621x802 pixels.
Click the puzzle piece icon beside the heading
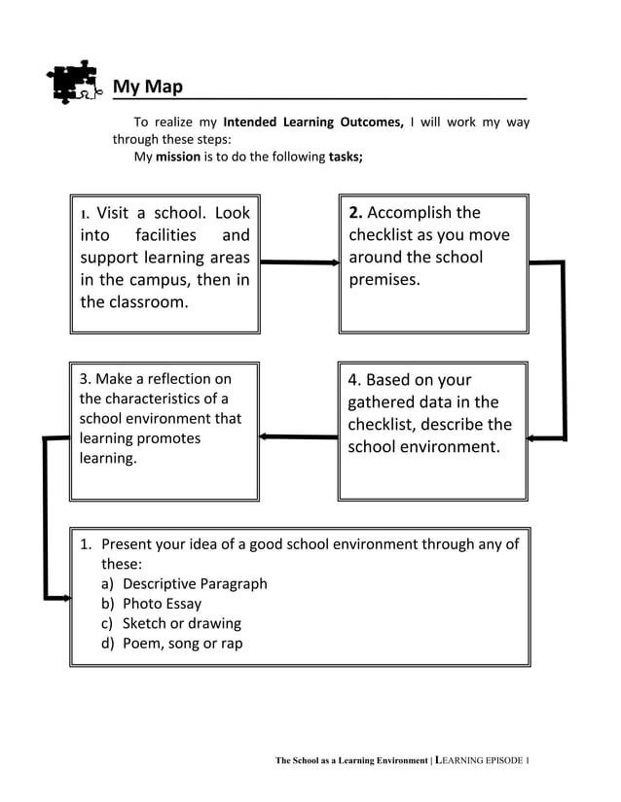coord(76,83)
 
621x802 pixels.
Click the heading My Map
coord(147,87)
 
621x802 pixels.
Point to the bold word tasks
coord(345,157)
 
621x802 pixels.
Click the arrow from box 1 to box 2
coord(300,262)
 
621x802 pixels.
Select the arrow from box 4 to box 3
coord(299,436)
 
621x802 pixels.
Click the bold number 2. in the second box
coord(355,213)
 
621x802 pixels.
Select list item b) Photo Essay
coord(152,604)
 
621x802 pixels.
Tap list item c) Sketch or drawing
coord(171,623)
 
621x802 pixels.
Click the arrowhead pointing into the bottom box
coord(65,598)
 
